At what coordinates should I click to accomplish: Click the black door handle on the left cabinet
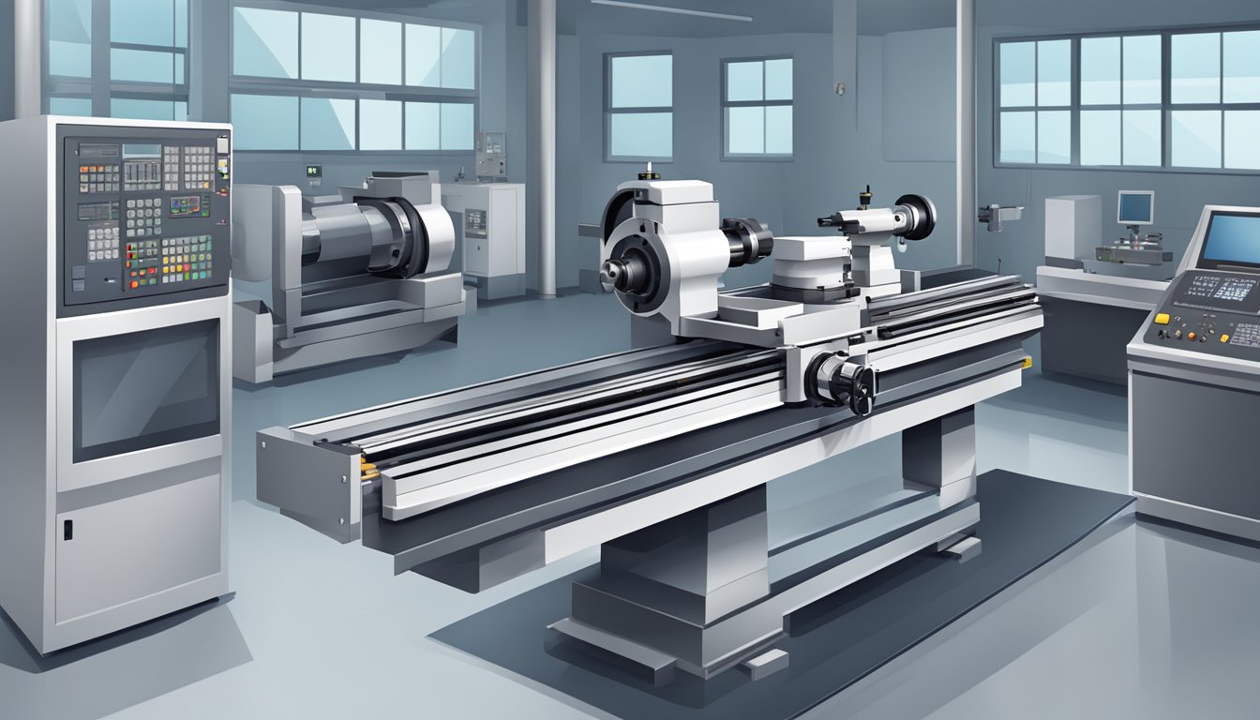[x=67, y=529]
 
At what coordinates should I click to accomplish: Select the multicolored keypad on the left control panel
[x=187, y=258]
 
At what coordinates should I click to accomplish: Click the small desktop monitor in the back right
[x=1135, y=207]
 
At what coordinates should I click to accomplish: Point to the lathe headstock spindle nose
[x=614, y=273]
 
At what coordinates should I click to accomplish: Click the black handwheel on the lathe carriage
[x=844, y=381]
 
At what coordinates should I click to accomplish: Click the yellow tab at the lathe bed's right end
[x=1027, y=362]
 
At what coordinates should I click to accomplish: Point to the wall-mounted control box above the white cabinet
[x=490, y=155]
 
